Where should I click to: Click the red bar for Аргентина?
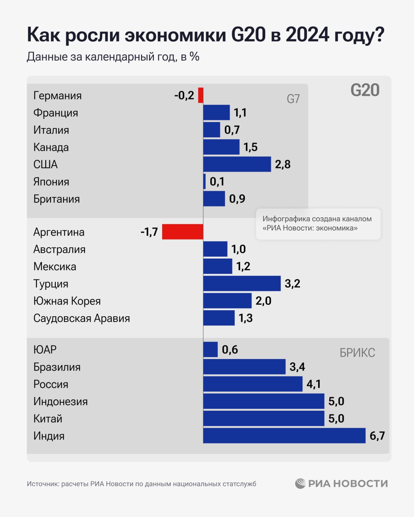(182, 232)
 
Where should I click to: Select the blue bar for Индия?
(284, 436)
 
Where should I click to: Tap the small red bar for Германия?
(201, 95)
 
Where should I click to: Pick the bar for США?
(237, 164)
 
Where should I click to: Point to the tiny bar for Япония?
(204, 181)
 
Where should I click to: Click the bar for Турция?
(242, 284)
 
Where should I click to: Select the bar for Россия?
(253, 384)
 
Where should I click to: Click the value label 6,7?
(377, 436)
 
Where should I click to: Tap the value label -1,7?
(149, 232)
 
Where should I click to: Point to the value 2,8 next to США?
(283, 164)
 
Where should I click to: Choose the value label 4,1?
(313, 384)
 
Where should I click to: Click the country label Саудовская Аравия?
(82, 318)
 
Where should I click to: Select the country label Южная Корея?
(67, 301)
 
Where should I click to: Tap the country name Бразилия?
(57, 367)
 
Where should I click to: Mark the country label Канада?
(51, 147)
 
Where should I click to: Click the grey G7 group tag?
(293, 99)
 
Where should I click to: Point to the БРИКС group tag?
(357, 353)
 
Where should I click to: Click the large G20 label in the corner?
(365, 90)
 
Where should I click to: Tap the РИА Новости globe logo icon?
(300, 483)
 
